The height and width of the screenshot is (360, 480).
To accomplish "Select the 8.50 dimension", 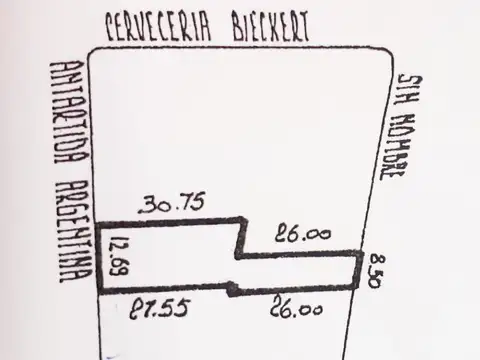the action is coord(373,271).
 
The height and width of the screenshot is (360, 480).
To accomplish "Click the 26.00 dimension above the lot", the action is coord(301,235).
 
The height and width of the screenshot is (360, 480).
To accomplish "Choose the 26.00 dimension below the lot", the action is coord(297,311).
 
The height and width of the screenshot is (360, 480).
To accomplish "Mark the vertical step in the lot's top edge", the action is coord(238,237).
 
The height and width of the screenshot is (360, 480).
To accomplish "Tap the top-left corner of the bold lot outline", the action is coord(98,220).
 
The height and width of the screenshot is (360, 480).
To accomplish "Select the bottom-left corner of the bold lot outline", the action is coord(98,292).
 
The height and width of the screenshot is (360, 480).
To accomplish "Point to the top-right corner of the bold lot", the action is coord(360,256).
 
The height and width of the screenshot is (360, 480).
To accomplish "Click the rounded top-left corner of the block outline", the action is coord(97,55).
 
